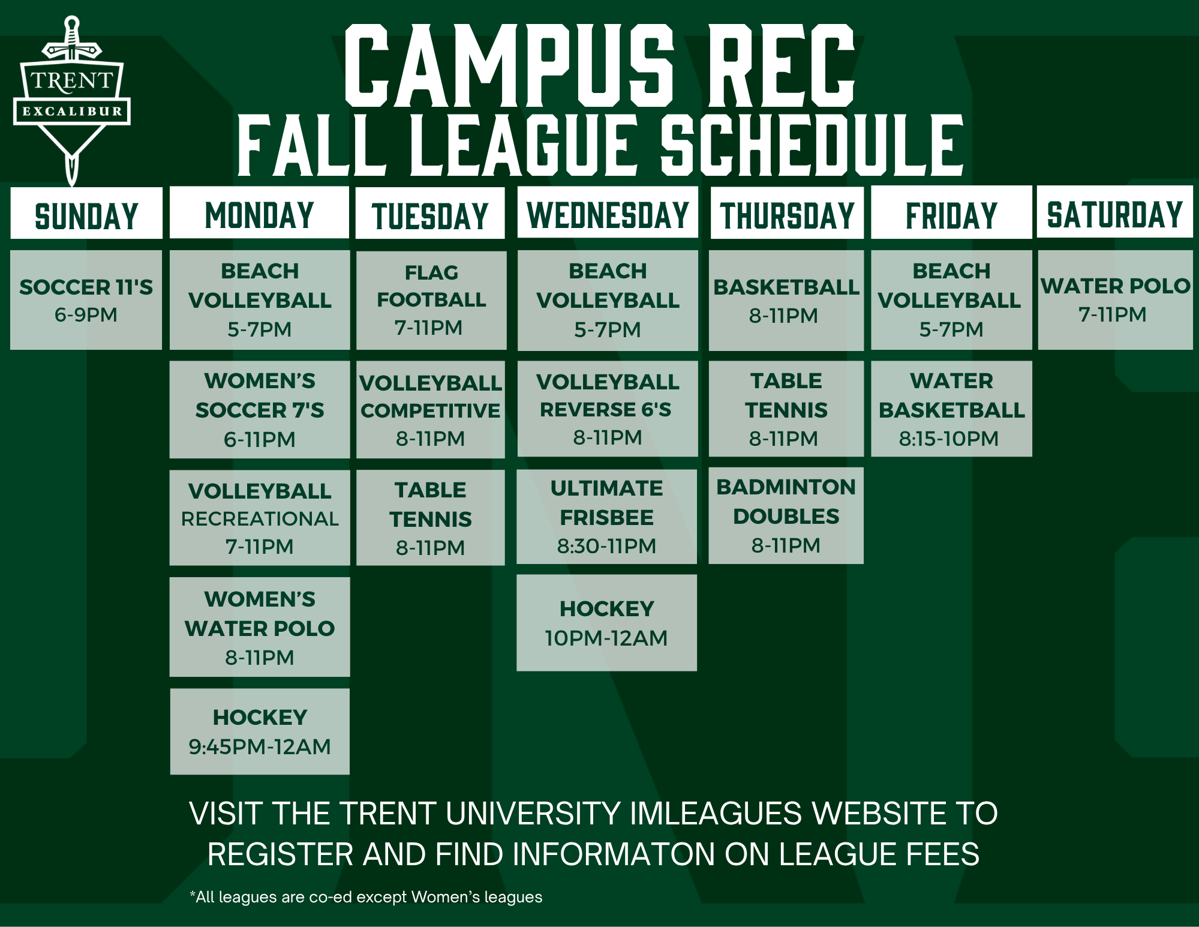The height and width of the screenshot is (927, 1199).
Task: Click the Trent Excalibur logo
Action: coord(71,99)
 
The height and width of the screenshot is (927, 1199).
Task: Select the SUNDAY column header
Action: coord(86,213)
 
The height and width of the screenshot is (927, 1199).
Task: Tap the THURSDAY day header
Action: coord(787,213)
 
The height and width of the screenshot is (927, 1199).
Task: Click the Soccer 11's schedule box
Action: coord(86,300)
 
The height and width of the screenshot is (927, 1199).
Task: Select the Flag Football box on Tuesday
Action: coord(431,300)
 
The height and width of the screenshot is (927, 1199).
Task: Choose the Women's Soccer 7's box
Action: coord(260,410)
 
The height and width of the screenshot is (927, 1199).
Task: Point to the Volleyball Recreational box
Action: coord(260,518)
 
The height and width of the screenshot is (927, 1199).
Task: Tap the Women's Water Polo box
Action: coord(260,627)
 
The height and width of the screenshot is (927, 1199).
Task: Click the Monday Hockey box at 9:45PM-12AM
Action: coord(260,731)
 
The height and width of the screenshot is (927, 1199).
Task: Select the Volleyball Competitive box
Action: coord(431,410)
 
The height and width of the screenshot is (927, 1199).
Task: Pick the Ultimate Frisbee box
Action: coord(606,517)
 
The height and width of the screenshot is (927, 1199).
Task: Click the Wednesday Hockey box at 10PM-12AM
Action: coord(606,623)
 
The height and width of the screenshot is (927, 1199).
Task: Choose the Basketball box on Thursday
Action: coord(786,301)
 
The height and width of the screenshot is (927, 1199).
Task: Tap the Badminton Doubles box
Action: coord(786,515)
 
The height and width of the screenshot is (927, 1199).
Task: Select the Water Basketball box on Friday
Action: coord(951,409)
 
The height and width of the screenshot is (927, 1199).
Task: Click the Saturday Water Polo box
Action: coord(1115,300)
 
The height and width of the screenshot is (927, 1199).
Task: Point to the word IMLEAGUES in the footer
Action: coord(716,814)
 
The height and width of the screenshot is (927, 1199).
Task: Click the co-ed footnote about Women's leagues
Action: coord(366,897)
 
